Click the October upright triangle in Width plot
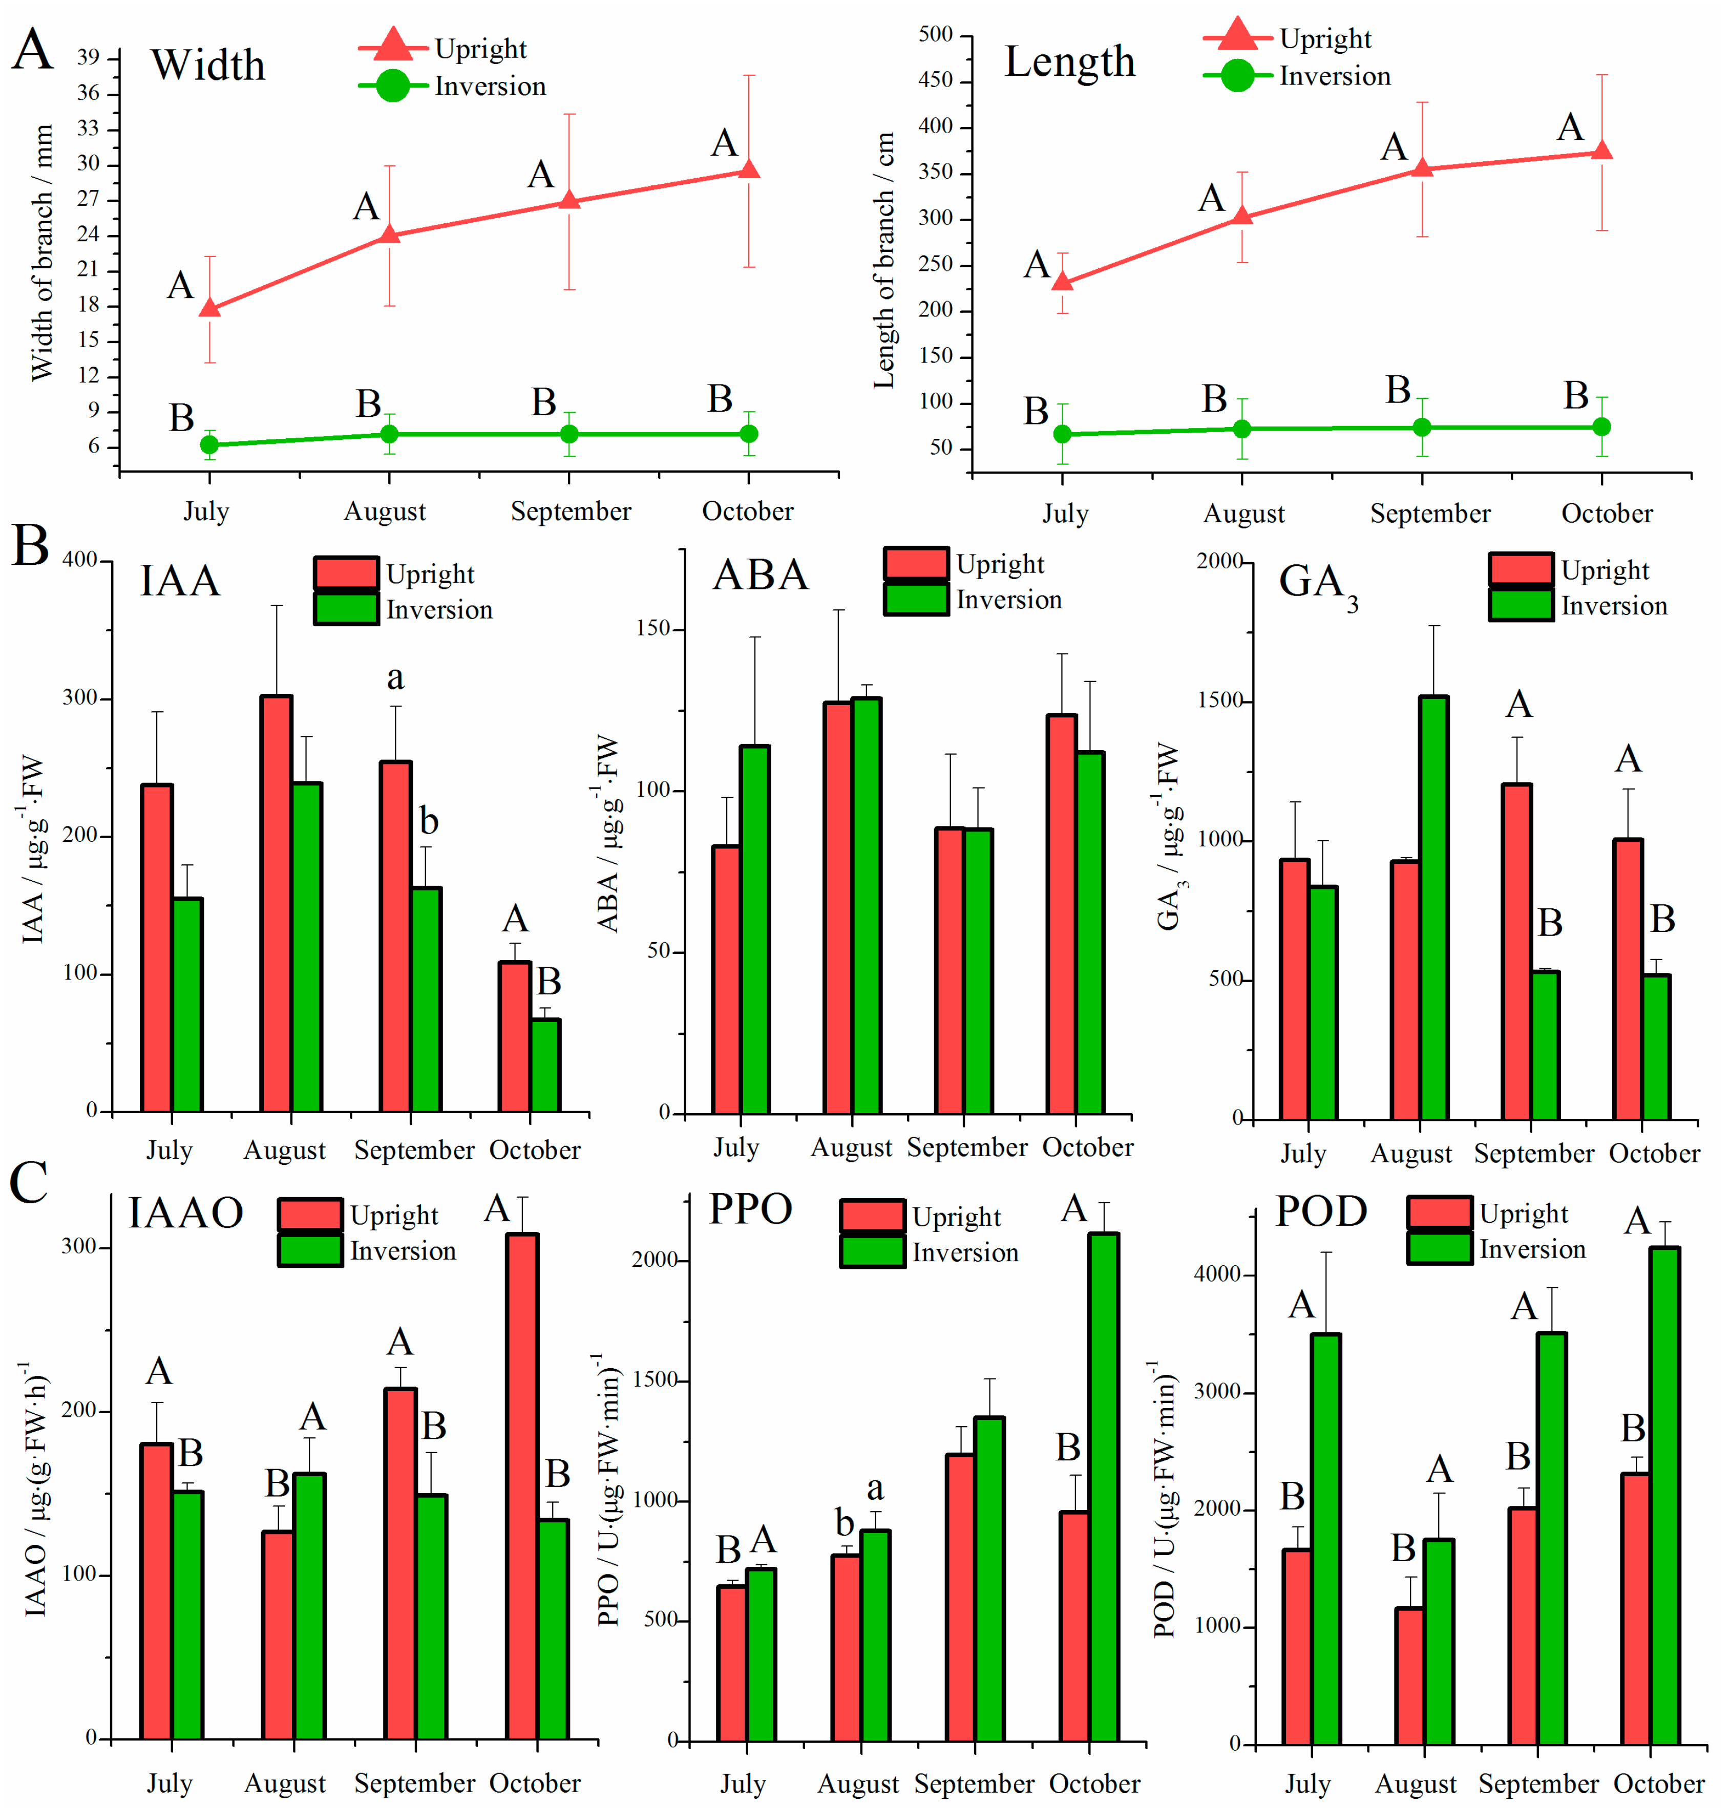pos(749,169)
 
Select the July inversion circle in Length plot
pos(1062,433)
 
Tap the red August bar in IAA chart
pos(277,904)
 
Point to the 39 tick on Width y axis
pos(89,57)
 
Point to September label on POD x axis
pos(1538,1783)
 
